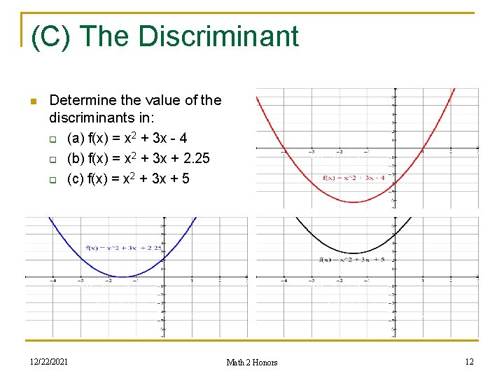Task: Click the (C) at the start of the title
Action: pyautogui.click(x=52, y=36)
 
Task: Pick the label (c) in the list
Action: pyautogui.click(x=76, y=178)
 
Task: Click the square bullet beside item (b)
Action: pyautogui.click(x=52, y=159)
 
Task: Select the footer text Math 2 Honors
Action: pyautogui.click(x=252, y=362)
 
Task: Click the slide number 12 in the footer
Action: pyautogui.click(x=469, y=361)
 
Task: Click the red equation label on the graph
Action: pyautogui.click(x=353, y=177)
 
